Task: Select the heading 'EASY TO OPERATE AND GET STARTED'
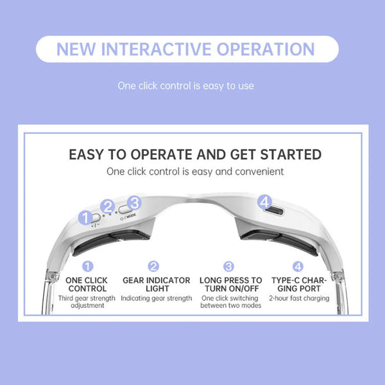tap(195, 155)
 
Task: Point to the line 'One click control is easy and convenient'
tap(195, 172)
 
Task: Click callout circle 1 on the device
tap(85, 218)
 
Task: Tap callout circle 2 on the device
tap(108, 207)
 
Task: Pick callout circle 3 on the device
tap(133, 203)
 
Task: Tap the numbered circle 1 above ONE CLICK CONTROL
tap(87, 266)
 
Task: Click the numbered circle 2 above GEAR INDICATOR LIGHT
tap(153, 266)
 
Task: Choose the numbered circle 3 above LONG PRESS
tap(229, 266)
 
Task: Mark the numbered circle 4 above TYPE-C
tap(298, 266)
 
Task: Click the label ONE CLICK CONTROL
tap(87, 284)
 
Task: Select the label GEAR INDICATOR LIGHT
tap(156, 284)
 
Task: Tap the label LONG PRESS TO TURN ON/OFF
tap(231, 284)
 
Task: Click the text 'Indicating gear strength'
tap(156, 298)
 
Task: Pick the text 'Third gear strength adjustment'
tap(87, 302)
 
